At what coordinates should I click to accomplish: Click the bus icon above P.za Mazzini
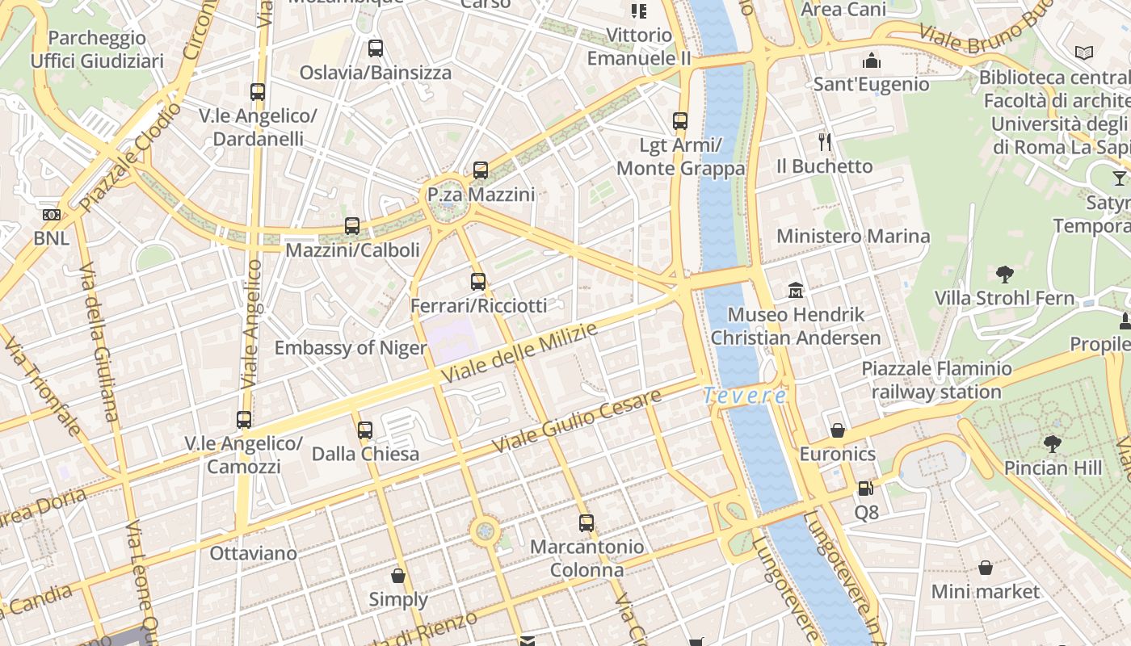[481, 170]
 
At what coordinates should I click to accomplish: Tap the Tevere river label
[744, 396]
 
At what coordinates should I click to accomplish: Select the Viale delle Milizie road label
[520, 353]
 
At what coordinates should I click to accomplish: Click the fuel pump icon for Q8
[865, 489]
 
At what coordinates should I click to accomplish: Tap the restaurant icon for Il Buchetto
[824, 142]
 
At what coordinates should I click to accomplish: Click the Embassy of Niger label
[350, 348]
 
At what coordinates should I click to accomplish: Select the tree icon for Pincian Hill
[1052, 443]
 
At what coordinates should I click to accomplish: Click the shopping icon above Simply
[397, 576]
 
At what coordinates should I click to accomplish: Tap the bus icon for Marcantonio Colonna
[587, 522]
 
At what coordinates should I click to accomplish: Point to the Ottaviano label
[253, 554]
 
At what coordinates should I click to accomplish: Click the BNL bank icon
[51, 215]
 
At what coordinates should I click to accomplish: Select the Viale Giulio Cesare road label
[577, 421]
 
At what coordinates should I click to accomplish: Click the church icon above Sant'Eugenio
[871, 61]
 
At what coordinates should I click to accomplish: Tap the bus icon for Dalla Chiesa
[365, 430]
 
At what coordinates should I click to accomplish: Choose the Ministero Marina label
[853, 237]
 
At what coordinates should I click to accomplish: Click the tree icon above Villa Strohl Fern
[1004, 274]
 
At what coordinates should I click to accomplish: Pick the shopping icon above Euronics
[838, 430]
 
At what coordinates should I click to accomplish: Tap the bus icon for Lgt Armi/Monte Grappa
[680, 121]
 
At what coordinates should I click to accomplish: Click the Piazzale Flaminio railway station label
[936, 380]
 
